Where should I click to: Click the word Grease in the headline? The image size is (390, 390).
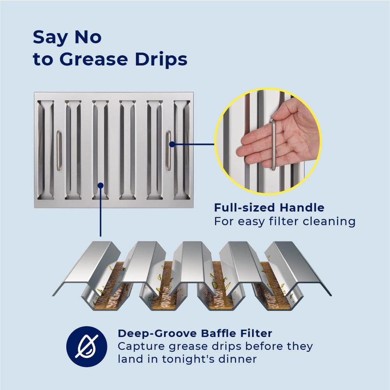[x=94, y=59]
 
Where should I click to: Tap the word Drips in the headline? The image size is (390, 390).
[x=161, y=60]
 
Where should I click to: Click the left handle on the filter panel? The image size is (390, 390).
[x=59, y=151]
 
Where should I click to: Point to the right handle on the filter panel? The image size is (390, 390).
[x=168, y=151]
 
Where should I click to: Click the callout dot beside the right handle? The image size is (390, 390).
[x=172, y=144]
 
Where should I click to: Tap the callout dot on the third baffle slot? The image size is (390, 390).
[x=101, y=186]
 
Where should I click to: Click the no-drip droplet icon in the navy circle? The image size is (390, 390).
[x=87, y=346]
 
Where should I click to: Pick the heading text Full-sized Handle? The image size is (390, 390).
[x=269, y=208]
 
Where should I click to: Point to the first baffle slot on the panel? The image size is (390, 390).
[x=46, y=150]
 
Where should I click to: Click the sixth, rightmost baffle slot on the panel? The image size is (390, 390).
[x=182, y=150]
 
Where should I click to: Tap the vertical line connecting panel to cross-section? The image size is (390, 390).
[x=101, y=211]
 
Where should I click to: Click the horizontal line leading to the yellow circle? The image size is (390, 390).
[x=193, y=144]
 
